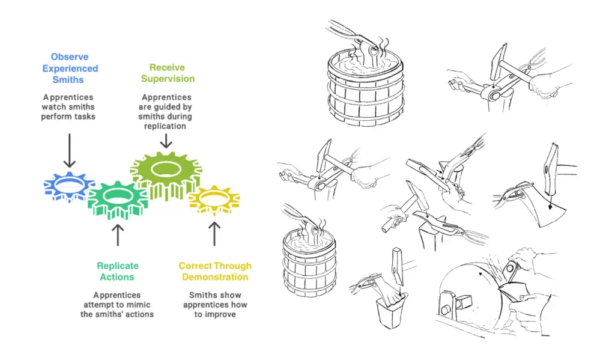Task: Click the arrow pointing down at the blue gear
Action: (x=69, y=150)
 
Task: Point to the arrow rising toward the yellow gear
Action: (x=214, y=234)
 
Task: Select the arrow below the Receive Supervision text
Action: (x=166, y=141)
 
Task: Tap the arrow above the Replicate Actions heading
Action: (x=118, y=235)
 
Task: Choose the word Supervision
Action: (x=167, y=79)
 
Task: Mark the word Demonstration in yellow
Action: (x=215, y=277)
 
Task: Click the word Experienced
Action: (x=70, y=69)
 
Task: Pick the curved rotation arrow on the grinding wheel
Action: (x=480, y=275)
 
